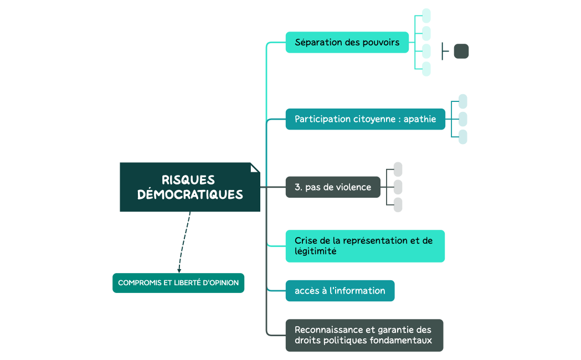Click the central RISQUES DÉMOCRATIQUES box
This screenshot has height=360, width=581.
coord(190,187)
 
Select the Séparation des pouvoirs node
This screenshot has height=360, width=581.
coord(347,43)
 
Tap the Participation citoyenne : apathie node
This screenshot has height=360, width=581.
coord(365,119)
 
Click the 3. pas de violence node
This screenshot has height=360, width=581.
coord(333,187)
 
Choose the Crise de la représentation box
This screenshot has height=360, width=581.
coord(365,246)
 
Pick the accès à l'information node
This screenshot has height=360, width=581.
coord(340,291)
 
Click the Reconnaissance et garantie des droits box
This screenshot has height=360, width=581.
coord(364,335)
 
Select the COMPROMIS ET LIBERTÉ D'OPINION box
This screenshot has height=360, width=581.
coord(178,282)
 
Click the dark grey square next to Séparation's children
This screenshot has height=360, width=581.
coord(461,52)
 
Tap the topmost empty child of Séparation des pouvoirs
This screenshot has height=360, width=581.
coord(426,16)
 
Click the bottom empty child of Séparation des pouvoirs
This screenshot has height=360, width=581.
coord(426,69)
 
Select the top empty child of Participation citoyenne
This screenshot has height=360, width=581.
coord(462,101)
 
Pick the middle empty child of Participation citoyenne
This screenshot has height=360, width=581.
coord(462,119)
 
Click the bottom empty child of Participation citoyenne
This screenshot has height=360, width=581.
coord(462,137)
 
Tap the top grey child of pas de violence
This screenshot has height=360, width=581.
coord(398,169)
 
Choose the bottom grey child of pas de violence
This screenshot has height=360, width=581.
coord(398,205)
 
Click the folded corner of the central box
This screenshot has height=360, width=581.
coord(255,167)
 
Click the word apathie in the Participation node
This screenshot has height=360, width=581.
coord(419,119)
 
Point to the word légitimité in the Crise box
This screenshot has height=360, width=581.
coord(315,251)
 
